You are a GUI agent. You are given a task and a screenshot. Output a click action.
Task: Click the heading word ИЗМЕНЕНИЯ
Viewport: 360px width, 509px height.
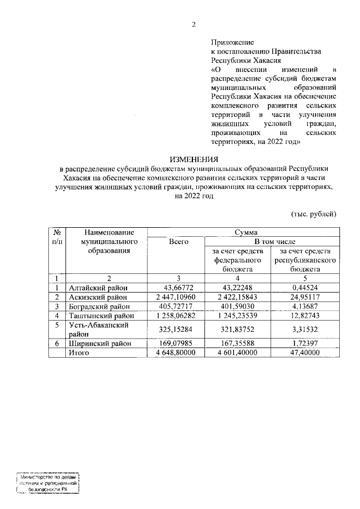point(195,160)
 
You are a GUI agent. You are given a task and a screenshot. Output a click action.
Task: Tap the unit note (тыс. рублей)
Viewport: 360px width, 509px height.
point(314,214)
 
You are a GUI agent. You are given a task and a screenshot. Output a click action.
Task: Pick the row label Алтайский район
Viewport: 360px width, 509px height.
point(96,287)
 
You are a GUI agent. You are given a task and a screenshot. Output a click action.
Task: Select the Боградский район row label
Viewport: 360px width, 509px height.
point(99,306)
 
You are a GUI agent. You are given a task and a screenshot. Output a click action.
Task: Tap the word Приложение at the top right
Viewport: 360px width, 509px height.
point(232,42)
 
